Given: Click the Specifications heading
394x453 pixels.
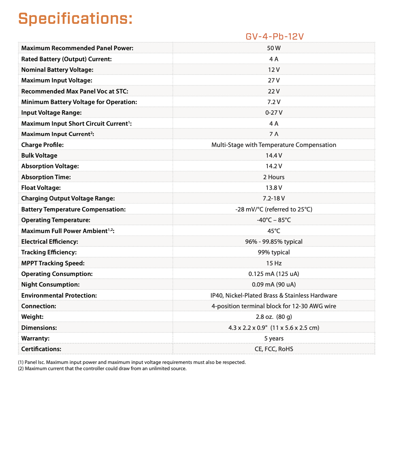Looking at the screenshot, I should coord(75,18).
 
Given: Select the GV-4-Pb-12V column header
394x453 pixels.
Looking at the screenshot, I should coord(274,37).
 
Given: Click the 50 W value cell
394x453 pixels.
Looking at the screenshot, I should coord(274,48).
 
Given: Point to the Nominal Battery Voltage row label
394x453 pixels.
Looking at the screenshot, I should coord(57,70).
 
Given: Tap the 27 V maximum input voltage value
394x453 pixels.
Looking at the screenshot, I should coord(274,80).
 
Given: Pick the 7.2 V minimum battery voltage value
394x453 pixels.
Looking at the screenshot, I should coord(274,102).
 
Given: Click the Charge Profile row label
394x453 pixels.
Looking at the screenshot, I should coord(42,145).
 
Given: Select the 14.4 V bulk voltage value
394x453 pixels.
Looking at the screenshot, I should coord(274,155).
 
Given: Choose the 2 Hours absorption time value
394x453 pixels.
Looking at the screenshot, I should coord(274,177).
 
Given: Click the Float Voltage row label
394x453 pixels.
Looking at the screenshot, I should coord(41,188).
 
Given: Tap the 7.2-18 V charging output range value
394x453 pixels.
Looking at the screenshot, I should coord(274,198).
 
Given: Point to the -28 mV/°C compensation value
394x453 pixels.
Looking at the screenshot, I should coord(274,209).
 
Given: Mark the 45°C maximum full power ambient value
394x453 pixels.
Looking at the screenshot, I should coord(274,231).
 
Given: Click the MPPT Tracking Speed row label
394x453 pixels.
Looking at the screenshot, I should coord(53,263).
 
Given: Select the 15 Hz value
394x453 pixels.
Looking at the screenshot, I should coord(274,263).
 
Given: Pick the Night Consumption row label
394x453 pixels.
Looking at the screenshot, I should coord(50,284).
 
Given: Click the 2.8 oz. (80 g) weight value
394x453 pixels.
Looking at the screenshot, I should coord(274,317).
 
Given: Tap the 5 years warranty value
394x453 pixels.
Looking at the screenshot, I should coord(274,338).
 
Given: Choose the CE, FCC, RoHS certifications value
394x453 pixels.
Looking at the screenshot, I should coord(274,349).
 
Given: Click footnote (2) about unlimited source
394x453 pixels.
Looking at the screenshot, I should coord(102,369).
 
